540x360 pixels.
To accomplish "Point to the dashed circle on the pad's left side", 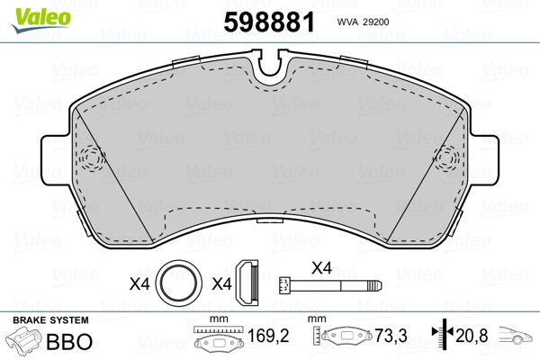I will click(x=89, y=159).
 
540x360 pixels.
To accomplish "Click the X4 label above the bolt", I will click(x=322, y=266).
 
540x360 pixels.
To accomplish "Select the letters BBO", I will click(x=74, y=342).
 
